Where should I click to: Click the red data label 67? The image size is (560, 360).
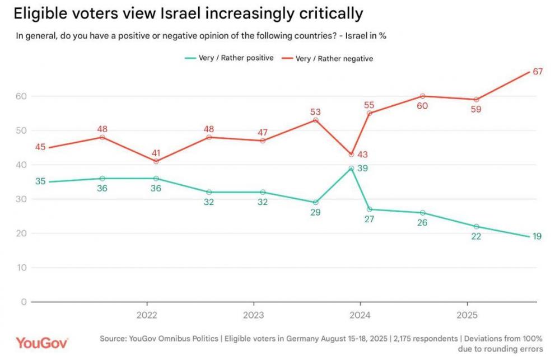539,71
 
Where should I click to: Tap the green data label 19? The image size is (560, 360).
537,236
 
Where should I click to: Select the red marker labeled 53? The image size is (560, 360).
315,120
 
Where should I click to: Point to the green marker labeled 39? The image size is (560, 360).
351,168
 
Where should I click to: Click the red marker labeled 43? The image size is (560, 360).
351,155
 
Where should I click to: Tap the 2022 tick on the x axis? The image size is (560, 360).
147,315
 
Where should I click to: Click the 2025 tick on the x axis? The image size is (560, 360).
466,315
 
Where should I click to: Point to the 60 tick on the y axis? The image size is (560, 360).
21,96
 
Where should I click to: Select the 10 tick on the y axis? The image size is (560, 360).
21,268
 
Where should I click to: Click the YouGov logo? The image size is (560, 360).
42,343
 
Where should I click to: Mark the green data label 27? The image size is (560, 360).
368,220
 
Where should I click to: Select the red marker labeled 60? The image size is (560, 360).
422,96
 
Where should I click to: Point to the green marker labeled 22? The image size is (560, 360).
476,226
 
